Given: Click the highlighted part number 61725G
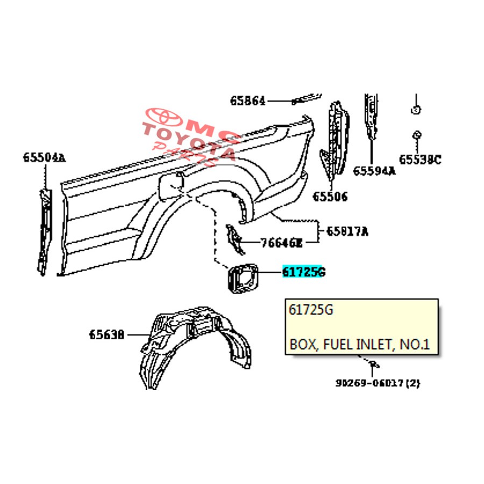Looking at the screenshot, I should [x=304, y=272].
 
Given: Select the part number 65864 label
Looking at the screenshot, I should [x=248, y=101].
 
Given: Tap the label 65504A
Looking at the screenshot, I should [x=44, y=158].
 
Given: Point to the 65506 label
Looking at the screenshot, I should [x=330, y=196].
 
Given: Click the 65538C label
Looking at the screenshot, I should [x=419, y=159].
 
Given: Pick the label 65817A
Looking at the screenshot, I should [x=347, y=232].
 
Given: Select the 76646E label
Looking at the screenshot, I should [x=281, y=243].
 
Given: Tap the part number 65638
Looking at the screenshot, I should [x=107, y=334].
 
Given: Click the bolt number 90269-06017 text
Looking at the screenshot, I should [x=378, y=383].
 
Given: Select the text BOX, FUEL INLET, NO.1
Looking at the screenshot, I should [x=359, y=344].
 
